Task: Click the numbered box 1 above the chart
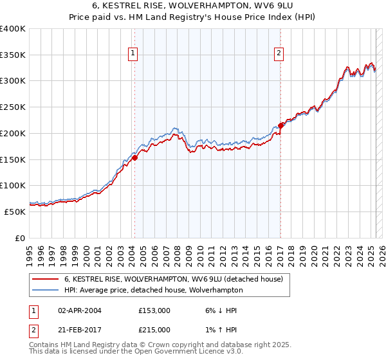coord(133,54)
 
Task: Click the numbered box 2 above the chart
coord(279,54)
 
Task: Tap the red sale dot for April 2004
coord(135,157)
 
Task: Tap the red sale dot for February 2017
coord(281,125)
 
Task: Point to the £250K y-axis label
coord(13,107)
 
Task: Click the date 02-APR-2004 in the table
coord(79,310)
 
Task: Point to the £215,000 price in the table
coord(154,330)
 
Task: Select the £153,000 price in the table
coord(154,310)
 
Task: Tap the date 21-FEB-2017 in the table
coord(79,330)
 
